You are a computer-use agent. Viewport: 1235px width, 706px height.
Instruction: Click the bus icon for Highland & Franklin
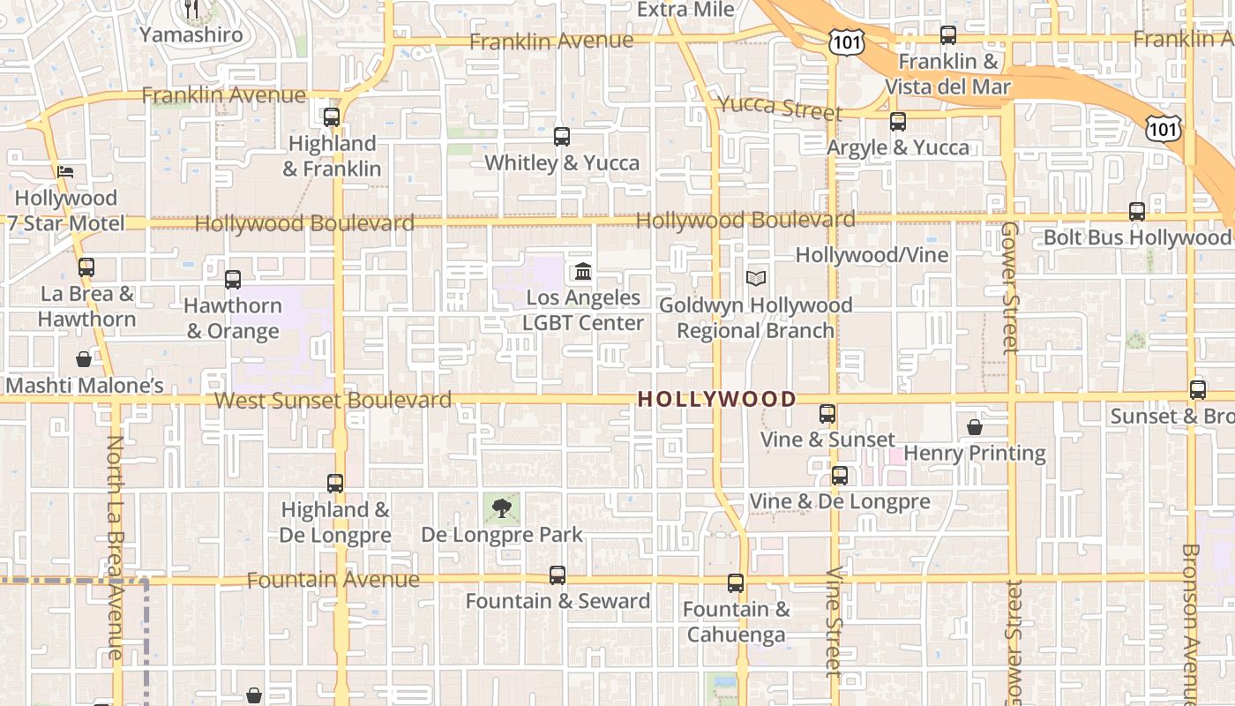332,116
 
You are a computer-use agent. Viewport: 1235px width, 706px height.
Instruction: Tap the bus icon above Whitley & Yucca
562,137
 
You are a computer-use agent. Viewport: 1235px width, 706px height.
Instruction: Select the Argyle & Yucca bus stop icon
898,122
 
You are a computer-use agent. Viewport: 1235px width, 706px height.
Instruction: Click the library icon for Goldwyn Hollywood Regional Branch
755,278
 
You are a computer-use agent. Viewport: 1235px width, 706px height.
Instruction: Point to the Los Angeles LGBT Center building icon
583,271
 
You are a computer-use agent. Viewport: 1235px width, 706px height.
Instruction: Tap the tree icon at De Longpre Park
502,507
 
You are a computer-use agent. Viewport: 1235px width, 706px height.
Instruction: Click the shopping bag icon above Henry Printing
975,427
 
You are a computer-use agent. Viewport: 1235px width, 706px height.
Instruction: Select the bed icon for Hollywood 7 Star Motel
65,171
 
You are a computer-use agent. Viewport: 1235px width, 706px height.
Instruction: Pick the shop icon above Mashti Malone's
84,359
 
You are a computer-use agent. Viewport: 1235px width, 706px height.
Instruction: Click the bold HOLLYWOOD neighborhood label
717,399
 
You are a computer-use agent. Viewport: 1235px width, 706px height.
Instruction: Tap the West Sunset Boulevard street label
333,401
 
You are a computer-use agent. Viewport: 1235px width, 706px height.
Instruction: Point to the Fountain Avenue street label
333,580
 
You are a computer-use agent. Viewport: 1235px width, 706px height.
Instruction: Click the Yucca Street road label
780,108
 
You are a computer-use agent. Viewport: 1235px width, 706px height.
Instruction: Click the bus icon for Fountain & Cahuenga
736,583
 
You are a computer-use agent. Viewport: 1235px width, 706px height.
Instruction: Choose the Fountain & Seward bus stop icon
558,575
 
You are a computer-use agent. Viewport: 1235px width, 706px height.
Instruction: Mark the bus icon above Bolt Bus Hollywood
1137,212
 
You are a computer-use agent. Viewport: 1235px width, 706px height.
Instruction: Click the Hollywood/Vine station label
872,255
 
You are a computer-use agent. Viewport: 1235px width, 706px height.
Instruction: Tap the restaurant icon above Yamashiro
191,9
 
